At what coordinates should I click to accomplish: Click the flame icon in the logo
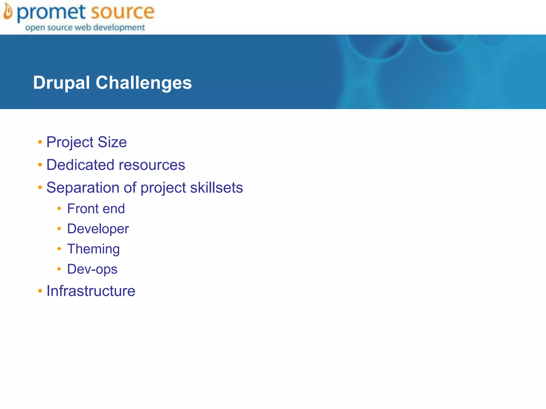(x=8, y=12)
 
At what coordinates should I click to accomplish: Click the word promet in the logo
(x=51, y=12)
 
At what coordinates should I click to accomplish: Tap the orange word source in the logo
(x=122, y=12)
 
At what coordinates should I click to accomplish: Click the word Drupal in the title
(x=61, y=83)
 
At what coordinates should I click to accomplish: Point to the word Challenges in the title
(x=144, y=83)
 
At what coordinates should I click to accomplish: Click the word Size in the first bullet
(x=112, y=142)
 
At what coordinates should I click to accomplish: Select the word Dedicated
(x=80, y=165)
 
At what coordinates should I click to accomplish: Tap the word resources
(x=152, y=165)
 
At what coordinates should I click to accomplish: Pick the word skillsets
(x=216, y=187)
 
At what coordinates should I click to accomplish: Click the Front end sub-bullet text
(x=96, y=208)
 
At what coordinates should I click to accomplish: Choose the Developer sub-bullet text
(x=98, y=229)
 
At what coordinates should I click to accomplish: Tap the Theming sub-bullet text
(x=93, y=249)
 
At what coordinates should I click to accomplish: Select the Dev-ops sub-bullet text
(x=92, y=269)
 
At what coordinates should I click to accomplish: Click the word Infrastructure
(x=91, y=291)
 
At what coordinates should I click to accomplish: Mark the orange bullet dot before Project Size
(x=40, y=142)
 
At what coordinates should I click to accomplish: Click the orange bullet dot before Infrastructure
(x=40, y=291)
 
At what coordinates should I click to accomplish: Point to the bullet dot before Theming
(x=59, y=249)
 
